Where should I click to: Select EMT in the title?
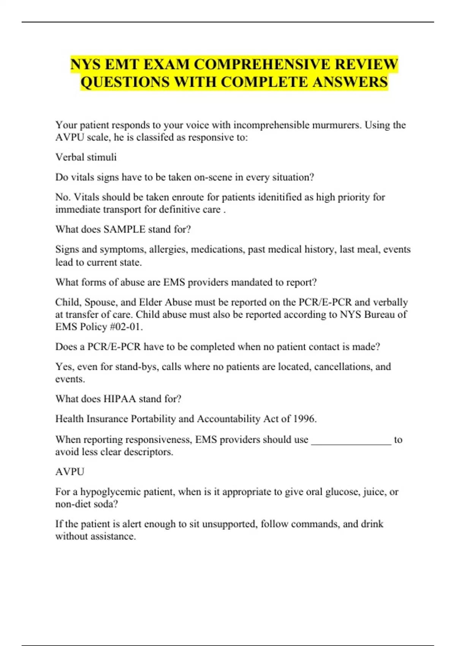(120, 64)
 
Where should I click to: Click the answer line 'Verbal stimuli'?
(86, 157)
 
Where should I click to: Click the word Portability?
(153, 419)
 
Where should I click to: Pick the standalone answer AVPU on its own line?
(70, 472)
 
